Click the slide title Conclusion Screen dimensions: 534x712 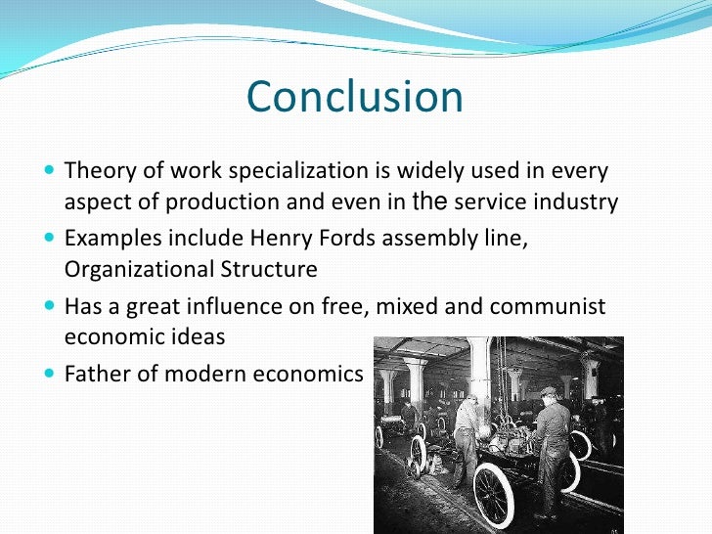[355, 98]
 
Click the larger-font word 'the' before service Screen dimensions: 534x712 [430, 202]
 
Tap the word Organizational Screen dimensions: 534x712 [130, 269]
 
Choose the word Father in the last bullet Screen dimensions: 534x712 [96, 374]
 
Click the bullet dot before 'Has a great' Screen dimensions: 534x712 [50, 307]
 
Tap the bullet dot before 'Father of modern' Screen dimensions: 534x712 [50, 375]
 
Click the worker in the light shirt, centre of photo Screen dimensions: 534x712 [467, 430]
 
